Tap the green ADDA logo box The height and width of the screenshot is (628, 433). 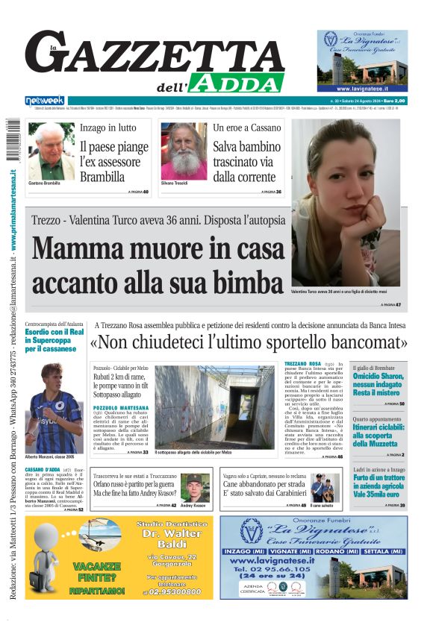click(x=236, y=83)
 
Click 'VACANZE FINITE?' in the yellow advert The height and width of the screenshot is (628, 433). click(x=97, y=571)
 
